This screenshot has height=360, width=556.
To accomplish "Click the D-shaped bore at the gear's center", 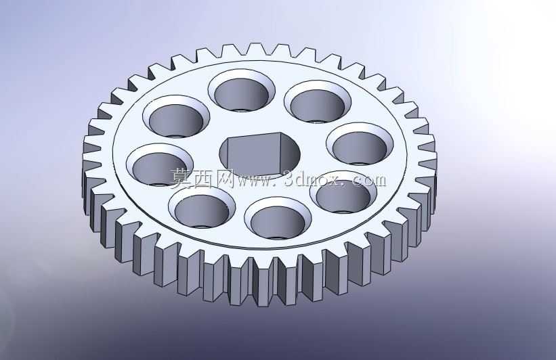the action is (259, 154).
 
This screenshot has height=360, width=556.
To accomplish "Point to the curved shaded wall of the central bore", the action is (291, 152).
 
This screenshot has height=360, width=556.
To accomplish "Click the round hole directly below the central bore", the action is (278, 219).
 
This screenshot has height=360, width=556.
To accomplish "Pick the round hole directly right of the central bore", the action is (360, 144).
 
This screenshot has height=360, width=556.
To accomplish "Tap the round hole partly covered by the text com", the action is (343, 192).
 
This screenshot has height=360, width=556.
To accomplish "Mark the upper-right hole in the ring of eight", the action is (318, 102).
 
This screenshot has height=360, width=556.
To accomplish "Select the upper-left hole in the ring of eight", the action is (176, 116).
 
